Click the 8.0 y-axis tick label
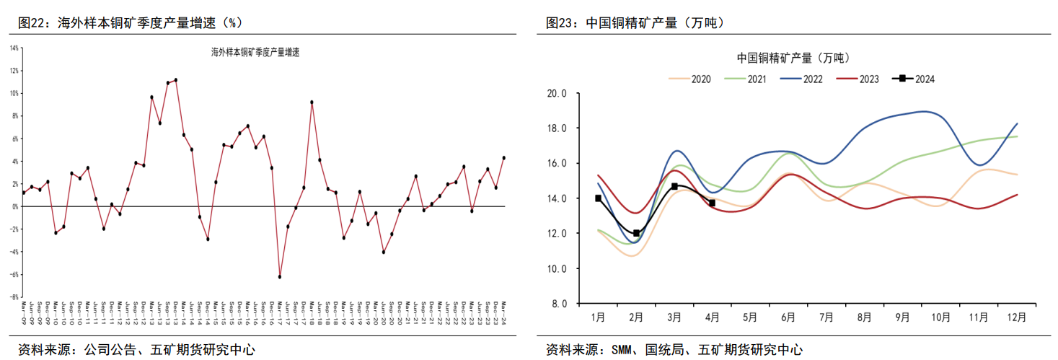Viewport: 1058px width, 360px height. point(560,304)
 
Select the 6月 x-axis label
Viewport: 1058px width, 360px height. point(788,316)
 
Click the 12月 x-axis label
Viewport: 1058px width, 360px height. point(1015,316)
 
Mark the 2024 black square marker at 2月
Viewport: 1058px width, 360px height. point(636,233)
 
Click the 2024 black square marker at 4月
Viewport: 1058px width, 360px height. point(712,203)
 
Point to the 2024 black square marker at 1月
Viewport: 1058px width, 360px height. point(598,198)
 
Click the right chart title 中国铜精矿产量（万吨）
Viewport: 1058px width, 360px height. point(793,58)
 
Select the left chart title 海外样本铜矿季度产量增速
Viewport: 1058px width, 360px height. point(255,52)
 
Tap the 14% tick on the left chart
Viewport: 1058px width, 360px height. point(14,48)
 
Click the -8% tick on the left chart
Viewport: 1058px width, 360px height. point(14,297)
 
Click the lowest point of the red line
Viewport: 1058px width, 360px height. point(279,277)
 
